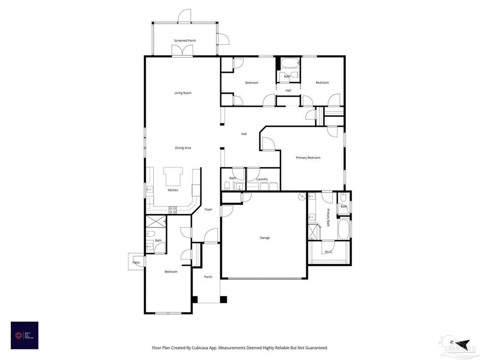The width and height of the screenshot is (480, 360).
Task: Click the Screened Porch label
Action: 185,41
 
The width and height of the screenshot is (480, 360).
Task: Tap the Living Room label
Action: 182,93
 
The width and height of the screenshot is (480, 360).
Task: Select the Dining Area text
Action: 183,148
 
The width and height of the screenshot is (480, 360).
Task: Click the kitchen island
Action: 173,175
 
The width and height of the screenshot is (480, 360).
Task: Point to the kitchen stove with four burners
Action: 173,209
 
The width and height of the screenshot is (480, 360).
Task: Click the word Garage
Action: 265,237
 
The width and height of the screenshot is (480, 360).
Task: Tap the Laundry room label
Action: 261,179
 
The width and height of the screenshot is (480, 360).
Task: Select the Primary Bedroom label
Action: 308,157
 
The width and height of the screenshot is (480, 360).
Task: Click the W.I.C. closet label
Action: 329,251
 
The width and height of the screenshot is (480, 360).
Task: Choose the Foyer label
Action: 208,209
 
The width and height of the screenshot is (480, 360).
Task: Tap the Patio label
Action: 136,262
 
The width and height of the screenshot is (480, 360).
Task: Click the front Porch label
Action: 208,277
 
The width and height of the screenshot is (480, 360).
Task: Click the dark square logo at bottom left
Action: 25,335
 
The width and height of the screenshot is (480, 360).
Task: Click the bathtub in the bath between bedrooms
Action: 288,63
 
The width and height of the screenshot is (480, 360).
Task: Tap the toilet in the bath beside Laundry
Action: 227,186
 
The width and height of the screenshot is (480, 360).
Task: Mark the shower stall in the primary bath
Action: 313,233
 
